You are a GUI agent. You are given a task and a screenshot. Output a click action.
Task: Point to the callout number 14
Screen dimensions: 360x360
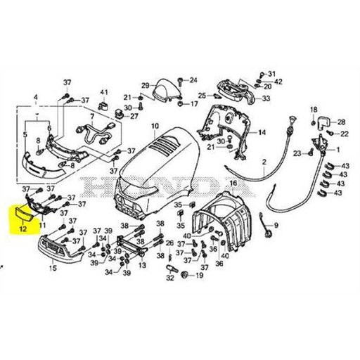[262, 132]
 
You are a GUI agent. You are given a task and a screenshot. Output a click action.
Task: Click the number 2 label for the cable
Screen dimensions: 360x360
[265, 162]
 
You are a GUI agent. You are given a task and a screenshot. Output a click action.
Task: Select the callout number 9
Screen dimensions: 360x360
[276, 226]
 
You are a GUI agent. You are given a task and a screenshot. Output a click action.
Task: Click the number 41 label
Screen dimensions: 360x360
[104, 93]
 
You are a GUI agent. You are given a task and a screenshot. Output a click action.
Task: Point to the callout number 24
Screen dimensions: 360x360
[194, 80]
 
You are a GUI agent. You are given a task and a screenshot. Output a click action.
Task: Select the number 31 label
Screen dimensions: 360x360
[273, 73]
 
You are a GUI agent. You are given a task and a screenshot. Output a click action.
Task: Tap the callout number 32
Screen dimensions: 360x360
[169, 278]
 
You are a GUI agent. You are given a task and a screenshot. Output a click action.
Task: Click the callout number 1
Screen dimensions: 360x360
[340, 150]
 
